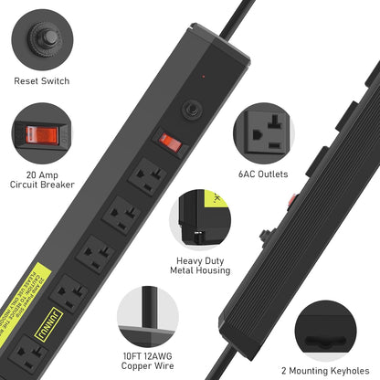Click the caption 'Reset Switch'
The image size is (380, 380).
(x=40, y=81)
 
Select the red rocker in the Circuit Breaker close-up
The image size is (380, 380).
(x=40, y=134)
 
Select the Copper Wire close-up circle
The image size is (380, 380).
(x=145, y=315)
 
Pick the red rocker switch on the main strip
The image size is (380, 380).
(x=171, y=142)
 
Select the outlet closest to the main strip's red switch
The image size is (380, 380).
(x=146, y=176)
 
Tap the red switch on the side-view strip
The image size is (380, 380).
(x=291, y=198)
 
